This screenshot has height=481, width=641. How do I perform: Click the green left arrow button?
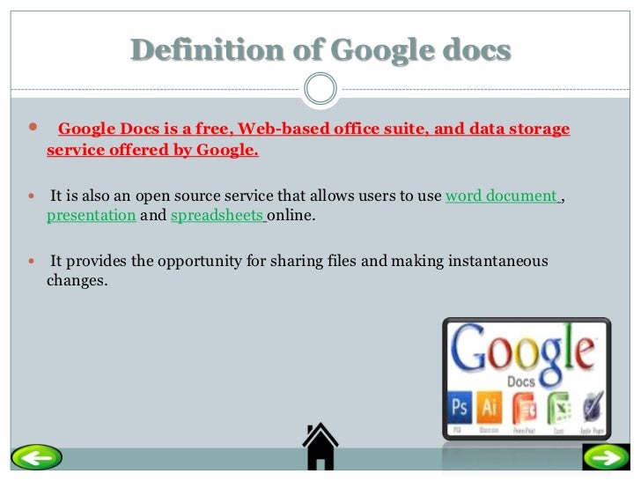coord(37,457)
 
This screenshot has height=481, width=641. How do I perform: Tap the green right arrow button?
coord(605,457)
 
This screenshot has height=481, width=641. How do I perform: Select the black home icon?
coord(320,447)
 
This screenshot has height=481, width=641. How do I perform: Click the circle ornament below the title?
coord(320,87)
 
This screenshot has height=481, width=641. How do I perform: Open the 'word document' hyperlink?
coord(502,196)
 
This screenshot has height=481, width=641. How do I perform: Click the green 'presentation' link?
coord(91,215)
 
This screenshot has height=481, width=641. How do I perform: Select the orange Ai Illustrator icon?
coord(490,409)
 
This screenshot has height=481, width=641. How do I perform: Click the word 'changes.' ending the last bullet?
coord(77,282)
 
